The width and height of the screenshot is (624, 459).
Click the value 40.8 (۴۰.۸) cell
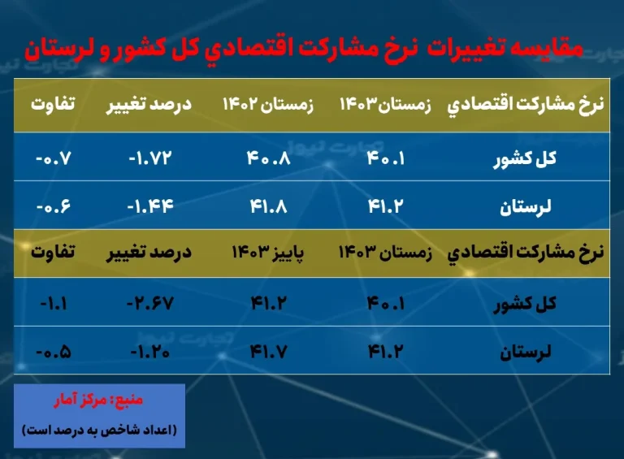coord(269,158)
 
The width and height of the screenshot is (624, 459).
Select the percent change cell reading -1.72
coord(150,158)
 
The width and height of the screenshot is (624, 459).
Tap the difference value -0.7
coord(54,158)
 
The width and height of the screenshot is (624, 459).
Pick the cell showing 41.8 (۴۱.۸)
coord(269,206)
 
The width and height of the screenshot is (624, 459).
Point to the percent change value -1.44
coord(150,206)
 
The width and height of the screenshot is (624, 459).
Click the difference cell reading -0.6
coord(54,206)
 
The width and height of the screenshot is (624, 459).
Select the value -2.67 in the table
coord(150,304)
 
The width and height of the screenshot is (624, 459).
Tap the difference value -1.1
coord(54,304)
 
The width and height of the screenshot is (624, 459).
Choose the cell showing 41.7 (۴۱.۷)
coord(269,352)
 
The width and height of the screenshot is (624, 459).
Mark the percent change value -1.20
coord(150,352)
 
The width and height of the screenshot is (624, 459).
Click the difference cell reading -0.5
coord(54,352)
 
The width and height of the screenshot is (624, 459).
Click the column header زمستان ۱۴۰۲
coord(268,104)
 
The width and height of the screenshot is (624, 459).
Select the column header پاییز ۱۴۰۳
coord(268,252)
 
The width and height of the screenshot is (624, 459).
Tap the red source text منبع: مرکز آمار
coord(98,400)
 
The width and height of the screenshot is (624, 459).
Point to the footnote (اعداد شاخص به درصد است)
coord(99,430)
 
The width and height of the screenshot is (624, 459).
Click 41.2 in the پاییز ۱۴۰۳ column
coord(269,304)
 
